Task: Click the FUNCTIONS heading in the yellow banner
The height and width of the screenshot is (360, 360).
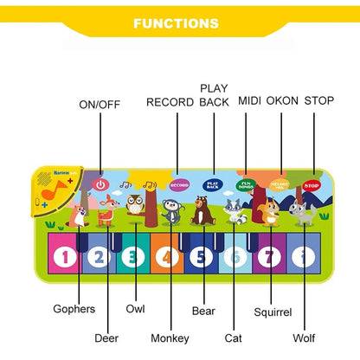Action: coord(180,23)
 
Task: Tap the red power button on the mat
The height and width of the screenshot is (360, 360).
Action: coord(100,184)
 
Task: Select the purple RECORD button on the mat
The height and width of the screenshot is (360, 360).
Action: coord(179,184)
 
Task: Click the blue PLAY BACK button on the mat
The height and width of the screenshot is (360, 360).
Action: coord(213,184)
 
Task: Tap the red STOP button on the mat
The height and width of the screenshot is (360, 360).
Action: coord(312,185)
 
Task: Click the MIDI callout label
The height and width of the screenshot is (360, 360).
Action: coord(249,101)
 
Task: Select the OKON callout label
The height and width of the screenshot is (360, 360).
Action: coord(282,101)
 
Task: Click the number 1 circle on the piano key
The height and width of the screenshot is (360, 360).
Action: coord(64,255)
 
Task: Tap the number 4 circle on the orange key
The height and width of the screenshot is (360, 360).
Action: coord(167,256)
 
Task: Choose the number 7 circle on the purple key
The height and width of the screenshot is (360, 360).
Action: coord(270,256)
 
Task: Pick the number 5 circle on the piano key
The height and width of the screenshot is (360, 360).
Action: coord(202,256)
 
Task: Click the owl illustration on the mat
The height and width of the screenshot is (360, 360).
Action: coord(135,205)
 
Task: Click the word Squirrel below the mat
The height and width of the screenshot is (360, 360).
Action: coord(273,312)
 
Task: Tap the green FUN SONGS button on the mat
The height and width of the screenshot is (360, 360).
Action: coord(247,185)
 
